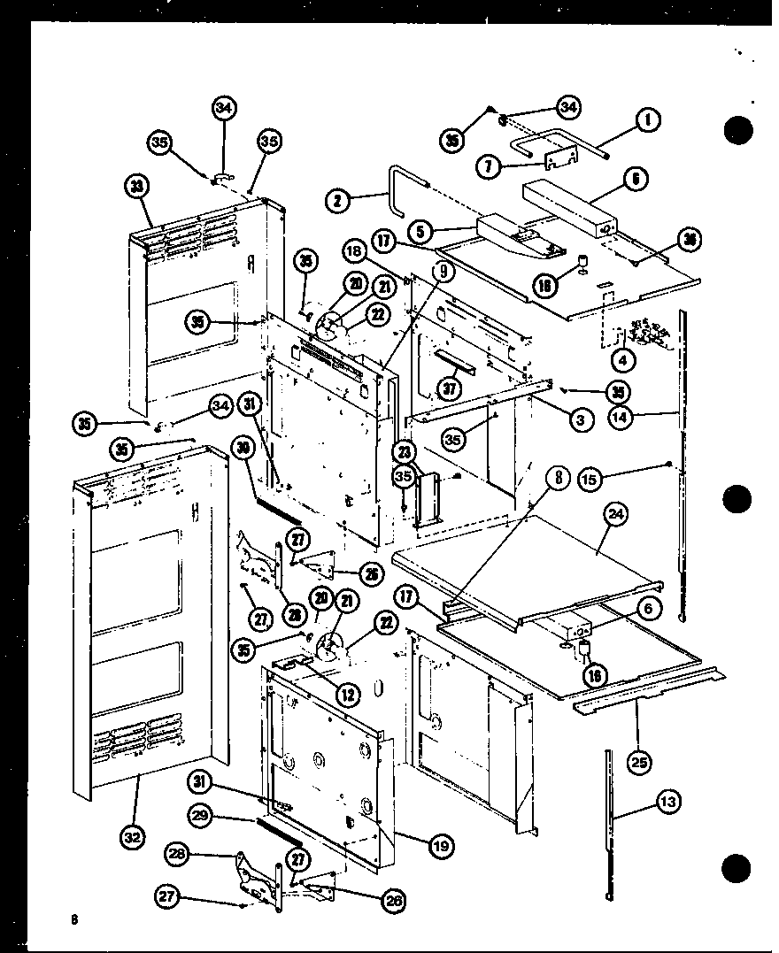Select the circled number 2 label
tap(336, 201)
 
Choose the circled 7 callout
tap(488, 166)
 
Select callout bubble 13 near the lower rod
tap(669, 802)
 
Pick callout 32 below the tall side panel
tap(133, 838)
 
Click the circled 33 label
tap(137, 188)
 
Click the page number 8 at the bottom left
tap(76, 919)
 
